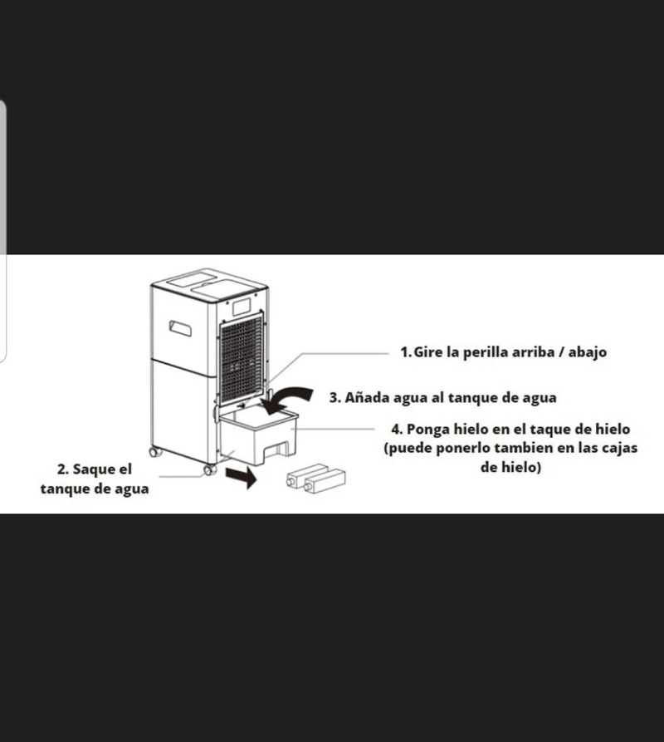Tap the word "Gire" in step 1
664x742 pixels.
point(428,352)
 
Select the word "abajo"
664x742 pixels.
point(588,352)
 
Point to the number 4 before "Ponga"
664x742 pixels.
point(397,430)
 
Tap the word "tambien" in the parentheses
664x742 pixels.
point(524,448)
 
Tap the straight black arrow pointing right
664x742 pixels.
point(241,477)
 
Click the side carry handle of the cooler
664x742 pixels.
point(180,328)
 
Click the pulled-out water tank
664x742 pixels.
point(257,435)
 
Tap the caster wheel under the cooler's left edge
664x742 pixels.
point(155,452)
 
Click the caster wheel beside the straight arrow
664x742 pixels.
point(210,469)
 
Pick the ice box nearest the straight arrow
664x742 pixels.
point(307,475)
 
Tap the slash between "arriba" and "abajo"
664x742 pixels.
point(561,352)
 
